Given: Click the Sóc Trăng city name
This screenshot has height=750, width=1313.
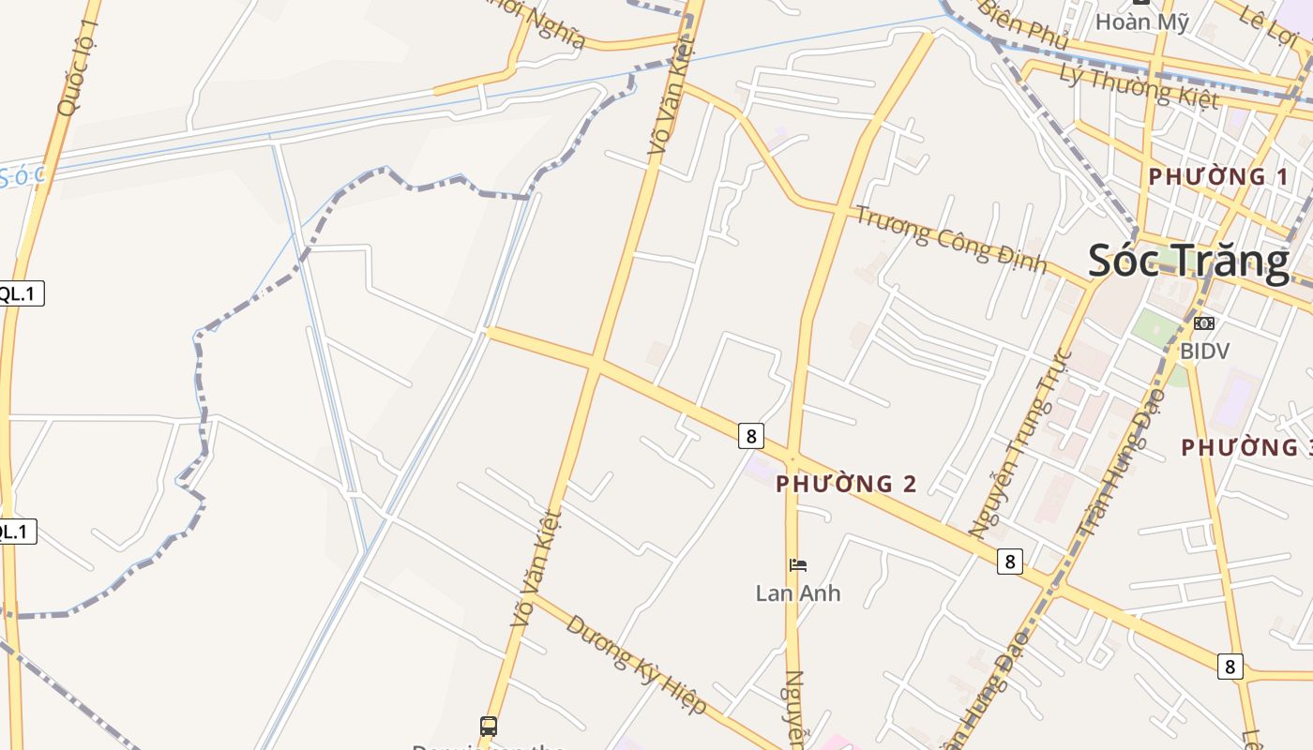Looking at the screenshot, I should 1188,261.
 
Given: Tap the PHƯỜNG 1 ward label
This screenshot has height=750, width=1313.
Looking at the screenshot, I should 1217,176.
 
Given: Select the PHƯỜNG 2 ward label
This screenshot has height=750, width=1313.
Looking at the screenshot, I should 846,484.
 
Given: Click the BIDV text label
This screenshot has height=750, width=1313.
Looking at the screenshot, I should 1204,351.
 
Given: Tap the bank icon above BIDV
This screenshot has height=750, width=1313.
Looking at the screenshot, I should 1203,323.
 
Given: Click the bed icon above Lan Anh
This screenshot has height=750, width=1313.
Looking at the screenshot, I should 798,564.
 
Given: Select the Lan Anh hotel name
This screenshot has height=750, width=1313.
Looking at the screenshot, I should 798,593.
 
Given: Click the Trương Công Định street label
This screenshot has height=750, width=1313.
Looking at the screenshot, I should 950,239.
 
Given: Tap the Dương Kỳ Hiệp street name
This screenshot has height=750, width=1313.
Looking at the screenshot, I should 635,664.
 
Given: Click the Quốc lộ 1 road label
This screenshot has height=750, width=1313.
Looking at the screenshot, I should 77,68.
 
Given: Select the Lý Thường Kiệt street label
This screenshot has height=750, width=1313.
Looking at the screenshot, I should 1139,85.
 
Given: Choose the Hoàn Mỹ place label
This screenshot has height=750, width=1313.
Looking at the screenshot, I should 1141,22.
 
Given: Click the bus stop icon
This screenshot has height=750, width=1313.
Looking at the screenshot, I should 489,726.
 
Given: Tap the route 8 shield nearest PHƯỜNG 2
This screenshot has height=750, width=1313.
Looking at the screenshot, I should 750,435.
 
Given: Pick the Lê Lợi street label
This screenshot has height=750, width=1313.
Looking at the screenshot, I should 1266,29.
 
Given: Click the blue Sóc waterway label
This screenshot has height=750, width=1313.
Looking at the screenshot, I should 21,176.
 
